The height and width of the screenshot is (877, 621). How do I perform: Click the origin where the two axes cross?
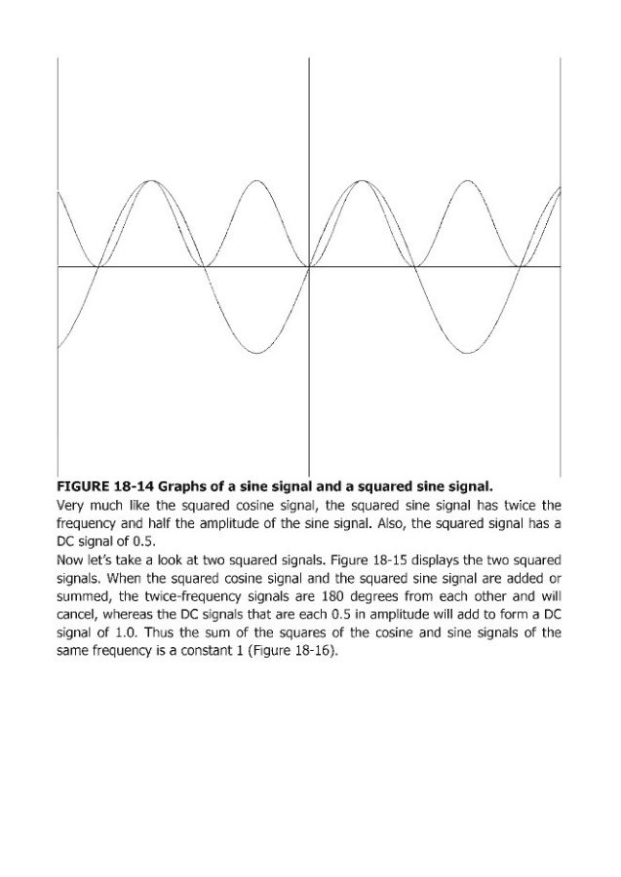[309, 266]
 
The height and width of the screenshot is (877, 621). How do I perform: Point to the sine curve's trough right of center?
[468, 352]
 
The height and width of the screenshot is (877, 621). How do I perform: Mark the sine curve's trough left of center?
[256, 352]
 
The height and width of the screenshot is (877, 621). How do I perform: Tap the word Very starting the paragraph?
[73, 504]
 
